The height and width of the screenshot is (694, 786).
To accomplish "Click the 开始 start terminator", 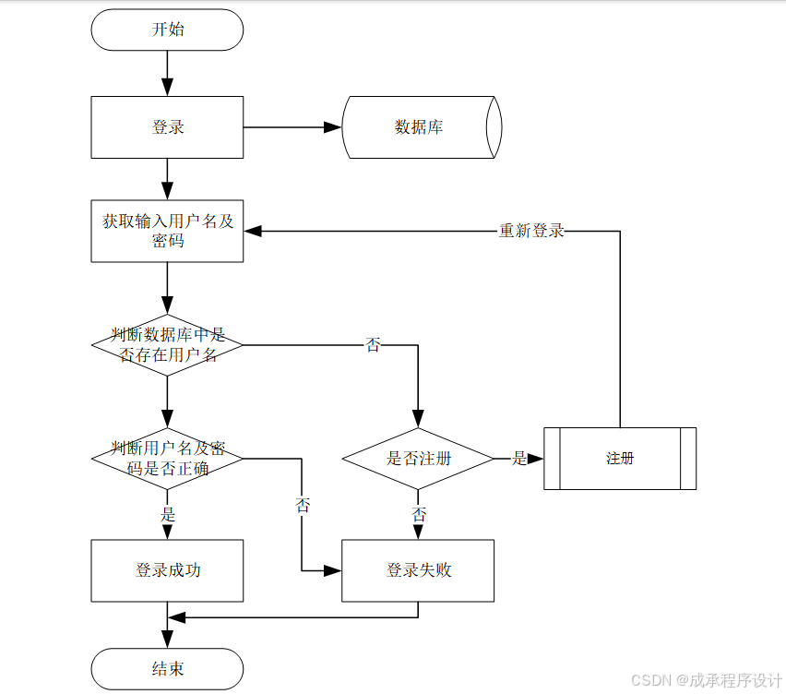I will click(167, 30).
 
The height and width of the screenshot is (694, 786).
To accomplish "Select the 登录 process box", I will click(167, 127).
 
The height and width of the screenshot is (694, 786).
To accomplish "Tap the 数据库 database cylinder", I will click(421, 127).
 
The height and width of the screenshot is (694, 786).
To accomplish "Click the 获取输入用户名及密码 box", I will click(167, 231).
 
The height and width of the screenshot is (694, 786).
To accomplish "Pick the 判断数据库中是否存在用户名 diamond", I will click(167, 344).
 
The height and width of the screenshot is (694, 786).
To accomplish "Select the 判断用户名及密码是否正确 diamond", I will click(167, 458).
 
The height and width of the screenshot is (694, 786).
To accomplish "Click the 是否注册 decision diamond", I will click(418, 458).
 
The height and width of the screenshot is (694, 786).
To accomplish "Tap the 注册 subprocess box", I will click(619, 458).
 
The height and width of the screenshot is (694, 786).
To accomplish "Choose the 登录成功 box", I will click(167, 570).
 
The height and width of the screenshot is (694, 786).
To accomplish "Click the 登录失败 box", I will click(418, 570).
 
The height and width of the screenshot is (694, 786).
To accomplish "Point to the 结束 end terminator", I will click(167, 668).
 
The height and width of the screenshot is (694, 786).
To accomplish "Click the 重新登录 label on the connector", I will click(531, 231).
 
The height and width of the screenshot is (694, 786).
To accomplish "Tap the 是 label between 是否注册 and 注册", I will click(519, 458).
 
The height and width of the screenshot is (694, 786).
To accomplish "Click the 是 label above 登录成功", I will click(168, 514).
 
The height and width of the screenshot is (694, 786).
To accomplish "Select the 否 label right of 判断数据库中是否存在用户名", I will click(373, 345).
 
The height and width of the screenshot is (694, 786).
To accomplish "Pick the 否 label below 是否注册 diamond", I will click(419, 514).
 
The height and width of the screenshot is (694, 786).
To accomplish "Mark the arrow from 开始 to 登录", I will click(167, 72).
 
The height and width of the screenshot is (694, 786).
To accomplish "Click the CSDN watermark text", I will click(706, 679).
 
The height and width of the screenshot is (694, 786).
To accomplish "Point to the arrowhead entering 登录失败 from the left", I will click(333, 570).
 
